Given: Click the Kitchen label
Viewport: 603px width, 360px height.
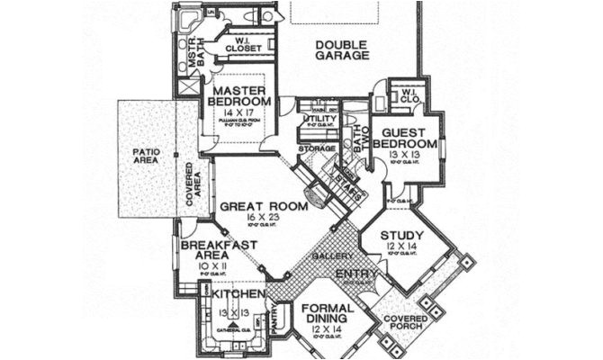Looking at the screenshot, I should [x=238, y=294].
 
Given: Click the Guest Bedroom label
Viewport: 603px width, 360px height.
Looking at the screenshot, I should [x=405, y=137].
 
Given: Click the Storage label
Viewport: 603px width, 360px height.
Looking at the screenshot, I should [x=316, y=148].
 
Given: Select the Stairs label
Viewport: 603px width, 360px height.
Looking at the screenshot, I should [x=348, y=183].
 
